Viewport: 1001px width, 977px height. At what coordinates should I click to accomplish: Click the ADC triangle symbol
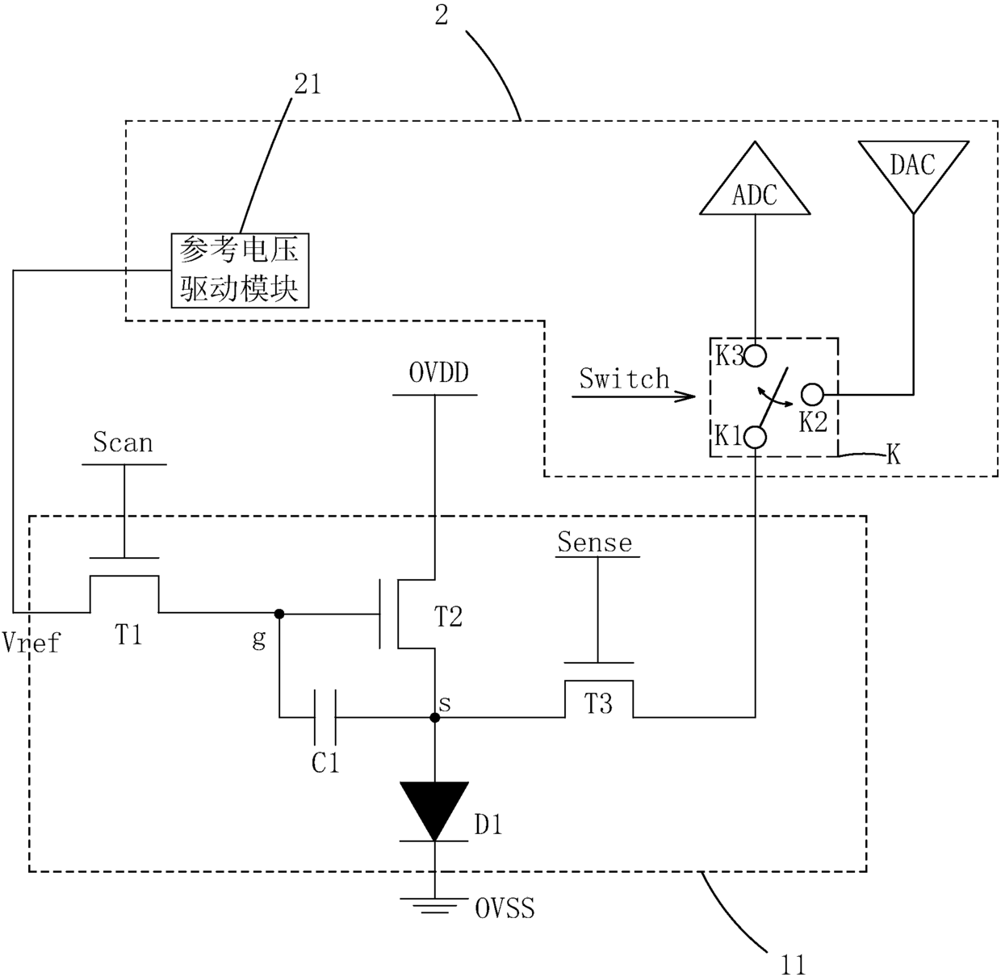coord(755,178)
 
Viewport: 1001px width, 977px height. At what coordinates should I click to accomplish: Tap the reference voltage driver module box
coord(240,270)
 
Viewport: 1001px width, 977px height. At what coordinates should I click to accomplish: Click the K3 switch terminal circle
coord(755,355)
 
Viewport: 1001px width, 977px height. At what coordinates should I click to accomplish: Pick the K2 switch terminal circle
coord(813,395)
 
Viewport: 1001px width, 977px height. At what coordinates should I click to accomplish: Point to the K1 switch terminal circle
coord(755,438)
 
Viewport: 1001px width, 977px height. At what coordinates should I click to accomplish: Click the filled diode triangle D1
coord(434,811)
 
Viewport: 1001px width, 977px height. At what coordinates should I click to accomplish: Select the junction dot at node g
coord(279,614)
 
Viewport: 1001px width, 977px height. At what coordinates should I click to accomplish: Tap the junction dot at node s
coord(434,717)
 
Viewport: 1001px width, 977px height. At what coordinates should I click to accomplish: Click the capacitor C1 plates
coord(325,717)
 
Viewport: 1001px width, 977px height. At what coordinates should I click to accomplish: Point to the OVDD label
coord(439,372)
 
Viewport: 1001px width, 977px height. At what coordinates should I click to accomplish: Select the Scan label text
coord(123,442)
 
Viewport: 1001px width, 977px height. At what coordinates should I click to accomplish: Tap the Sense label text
coord(595,543)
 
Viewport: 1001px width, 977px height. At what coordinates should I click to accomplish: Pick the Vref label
coord(31,642)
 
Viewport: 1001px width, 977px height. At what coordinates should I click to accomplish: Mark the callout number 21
coord(308,84)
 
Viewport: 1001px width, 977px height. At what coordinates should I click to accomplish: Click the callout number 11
coord(794,965)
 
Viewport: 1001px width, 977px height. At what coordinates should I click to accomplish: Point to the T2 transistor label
coord(449,616)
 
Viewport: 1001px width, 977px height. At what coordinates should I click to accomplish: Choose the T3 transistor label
coord(598,703)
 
